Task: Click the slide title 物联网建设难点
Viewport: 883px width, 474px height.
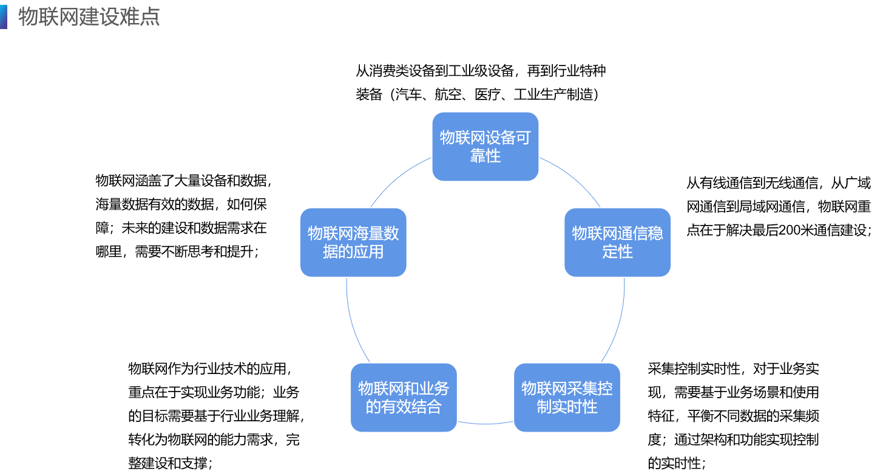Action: tap(89, 17)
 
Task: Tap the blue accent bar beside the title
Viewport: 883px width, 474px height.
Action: tap(3, 17)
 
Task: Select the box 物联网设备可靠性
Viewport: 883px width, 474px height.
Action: tap(485, 147)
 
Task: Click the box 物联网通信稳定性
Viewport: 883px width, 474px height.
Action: tap(617, 242)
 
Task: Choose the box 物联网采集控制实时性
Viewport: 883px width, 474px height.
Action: tap(567, 398)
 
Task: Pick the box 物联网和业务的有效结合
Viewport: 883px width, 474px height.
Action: tap(404, 398)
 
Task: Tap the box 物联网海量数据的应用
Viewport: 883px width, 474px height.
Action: tap(353, 242)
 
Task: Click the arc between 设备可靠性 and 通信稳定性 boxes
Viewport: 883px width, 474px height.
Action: tap(573, 178)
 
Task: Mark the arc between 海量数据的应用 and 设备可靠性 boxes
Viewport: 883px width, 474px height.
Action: tap(398, 178)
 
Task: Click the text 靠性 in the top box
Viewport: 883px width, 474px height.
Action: tap(485, 156)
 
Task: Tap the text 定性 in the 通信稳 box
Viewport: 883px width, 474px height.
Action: tap(617, 252)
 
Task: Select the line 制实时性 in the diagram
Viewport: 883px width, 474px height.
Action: tap(567, 407)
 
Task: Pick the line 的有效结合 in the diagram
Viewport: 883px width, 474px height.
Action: tap(404, 407)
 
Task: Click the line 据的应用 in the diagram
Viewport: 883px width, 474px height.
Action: tap(353, 252)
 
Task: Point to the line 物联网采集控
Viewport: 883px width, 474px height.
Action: tap(567, 389)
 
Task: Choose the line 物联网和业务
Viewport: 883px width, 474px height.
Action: tap(404, 389)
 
